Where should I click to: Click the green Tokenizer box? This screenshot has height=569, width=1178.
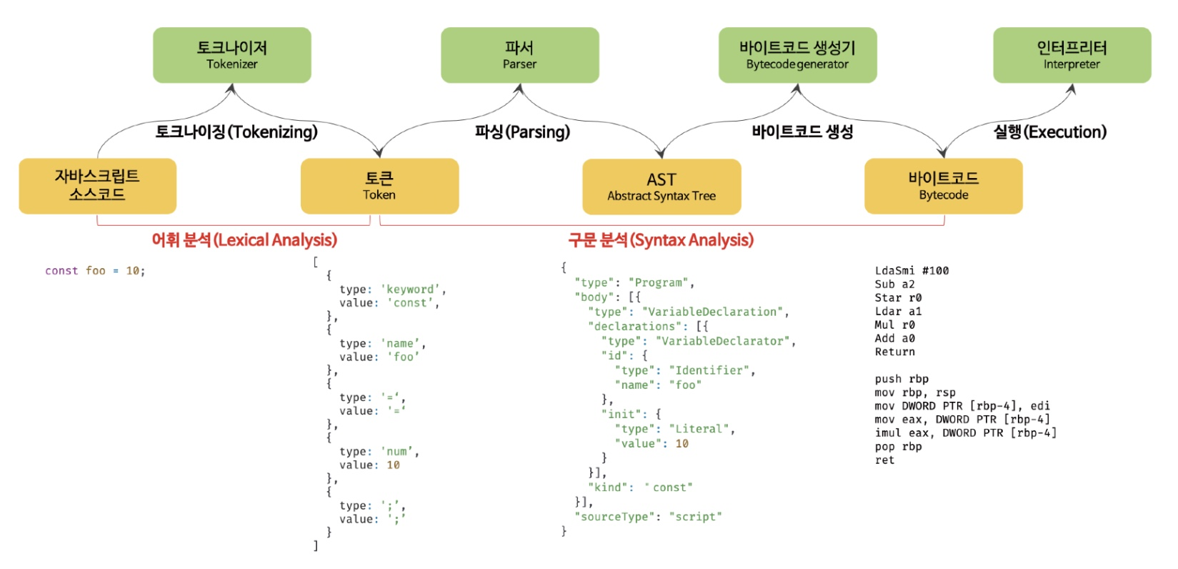(x=231, y=55)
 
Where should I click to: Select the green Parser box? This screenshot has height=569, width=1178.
(x=519, y=55)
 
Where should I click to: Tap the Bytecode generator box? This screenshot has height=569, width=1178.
(x=797, y=55)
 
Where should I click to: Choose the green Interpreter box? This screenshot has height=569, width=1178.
(x=1072, y=55)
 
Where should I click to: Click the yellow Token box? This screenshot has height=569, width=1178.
(x=379, y=186)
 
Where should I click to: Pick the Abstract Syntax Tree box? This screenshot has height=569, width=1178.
(x=662, y=187)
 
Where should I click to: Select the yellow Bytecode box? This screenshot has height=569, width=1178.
(x=943, y=186)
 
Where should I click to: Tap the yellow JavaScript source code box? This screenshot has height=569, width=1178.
(x=97, y=186)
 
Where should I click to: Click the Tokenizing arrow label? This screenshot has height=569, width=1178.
(x=236, y=132)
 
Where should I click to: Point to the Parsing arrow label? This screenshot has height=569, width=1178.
(x=522, y=132)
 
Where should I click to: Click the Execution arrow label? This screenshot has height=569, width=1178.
(x=1049, y=132)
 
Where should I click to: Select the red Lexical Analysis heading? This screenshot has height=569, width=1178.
(x=244, y=240)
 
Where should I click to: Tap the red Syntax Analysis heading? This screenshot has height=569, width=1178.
(x=661, y=240)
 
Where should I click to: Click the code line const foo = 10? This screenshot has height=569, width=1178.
(x=95, y=271)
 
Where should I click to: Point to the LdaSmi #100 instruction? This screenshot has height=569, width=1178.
(x=912, y=271)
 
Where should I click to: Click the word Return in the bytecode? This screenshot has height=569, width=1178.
(x=894, y=352)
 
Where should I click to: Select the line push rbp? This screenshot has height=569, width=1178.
(x=902, y=379)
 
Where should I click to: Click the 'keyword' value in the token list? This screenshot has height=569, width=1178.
(x=412, y=290)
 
